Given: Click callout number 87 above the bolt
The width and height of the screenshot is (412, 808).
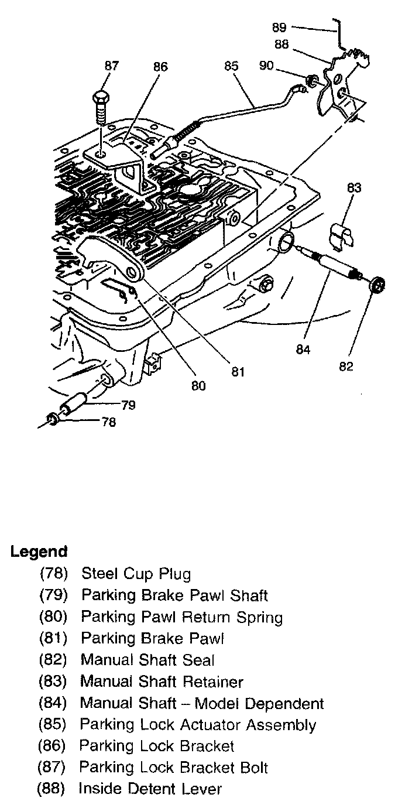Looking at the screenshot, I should [x=111, y=66].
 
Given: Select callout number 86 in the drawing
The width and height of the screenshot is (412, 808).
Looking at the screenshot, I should [x=160, y=67].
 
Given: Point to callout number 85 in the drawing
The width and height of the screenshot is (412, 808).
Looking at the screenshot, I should [x=231, y=67].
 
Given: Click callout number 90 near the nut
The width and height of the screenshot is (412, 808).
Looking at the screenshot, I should [x=266, y=66].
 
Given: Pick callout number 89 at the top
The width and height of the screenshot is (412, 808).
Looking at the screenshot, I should [x=280, y=27].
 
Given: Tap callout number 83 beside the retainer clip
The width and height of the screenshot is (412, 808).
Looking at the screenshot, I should [x=354, y=188].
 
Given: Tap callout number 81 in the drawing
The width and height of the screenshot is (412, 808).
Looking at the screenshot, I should [x=237, y=372].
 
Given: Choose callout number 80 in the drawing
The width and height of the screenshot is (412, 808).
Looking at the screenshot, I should [x=198, y=386].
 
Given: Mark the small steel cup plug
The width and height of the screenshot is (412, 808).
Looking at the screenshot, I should [x=52, y=419].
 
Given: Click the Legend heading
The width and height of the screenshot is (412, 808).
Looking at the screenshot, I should [x=39, y=552].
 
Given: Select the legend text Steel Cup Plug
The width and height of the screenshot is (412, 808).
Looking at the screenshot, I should [x=136, y=574].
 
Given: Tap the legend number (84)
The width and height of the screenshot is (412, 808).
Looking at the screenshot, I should [x=53, y=703].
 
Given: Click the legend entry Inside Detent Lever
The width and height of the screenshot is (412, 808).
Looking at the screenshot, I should [x=150, y=789].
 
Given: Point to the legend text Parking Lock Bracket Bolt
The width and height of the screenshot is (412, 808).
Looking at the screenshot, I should [x=174, y=768].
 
